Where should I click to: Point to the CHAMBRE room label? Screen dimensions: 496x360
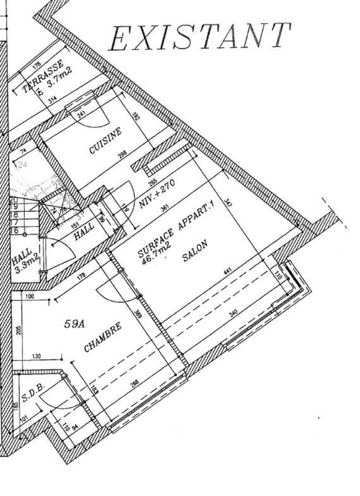(103, 337)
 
